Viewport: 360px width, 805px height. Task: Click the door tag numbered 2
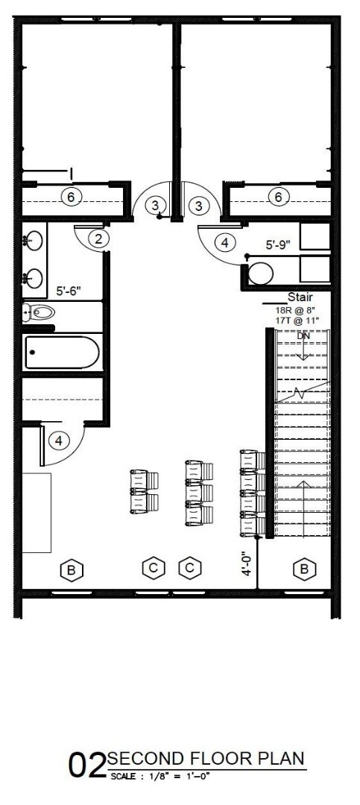tap(98, 239)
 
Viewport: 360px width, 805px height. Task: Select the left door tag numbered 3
tap(154, 205)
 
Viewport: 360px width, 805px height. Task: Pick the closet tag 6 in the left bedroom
tap(71, 197)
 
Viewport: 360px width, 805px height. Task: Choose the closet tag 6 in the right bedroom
tap(278, 197)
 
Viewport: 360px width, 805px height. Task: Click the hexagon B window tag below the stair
tap(303, 569)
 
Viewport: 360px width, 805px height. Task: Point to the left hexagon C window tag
tap(153, 568)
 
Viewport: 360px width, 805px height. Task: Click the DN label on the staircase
tap(303, 336)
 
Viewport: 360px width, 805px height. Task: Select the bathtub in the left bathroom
tap(62, 353)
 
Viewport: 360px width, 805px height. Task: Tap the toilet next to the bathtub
tap(38, 312)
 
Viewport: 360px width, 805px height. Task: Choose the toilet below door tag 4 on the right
tap(260, 274)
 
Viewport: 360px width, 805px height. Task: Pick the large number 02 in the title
tap(87, 765)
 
